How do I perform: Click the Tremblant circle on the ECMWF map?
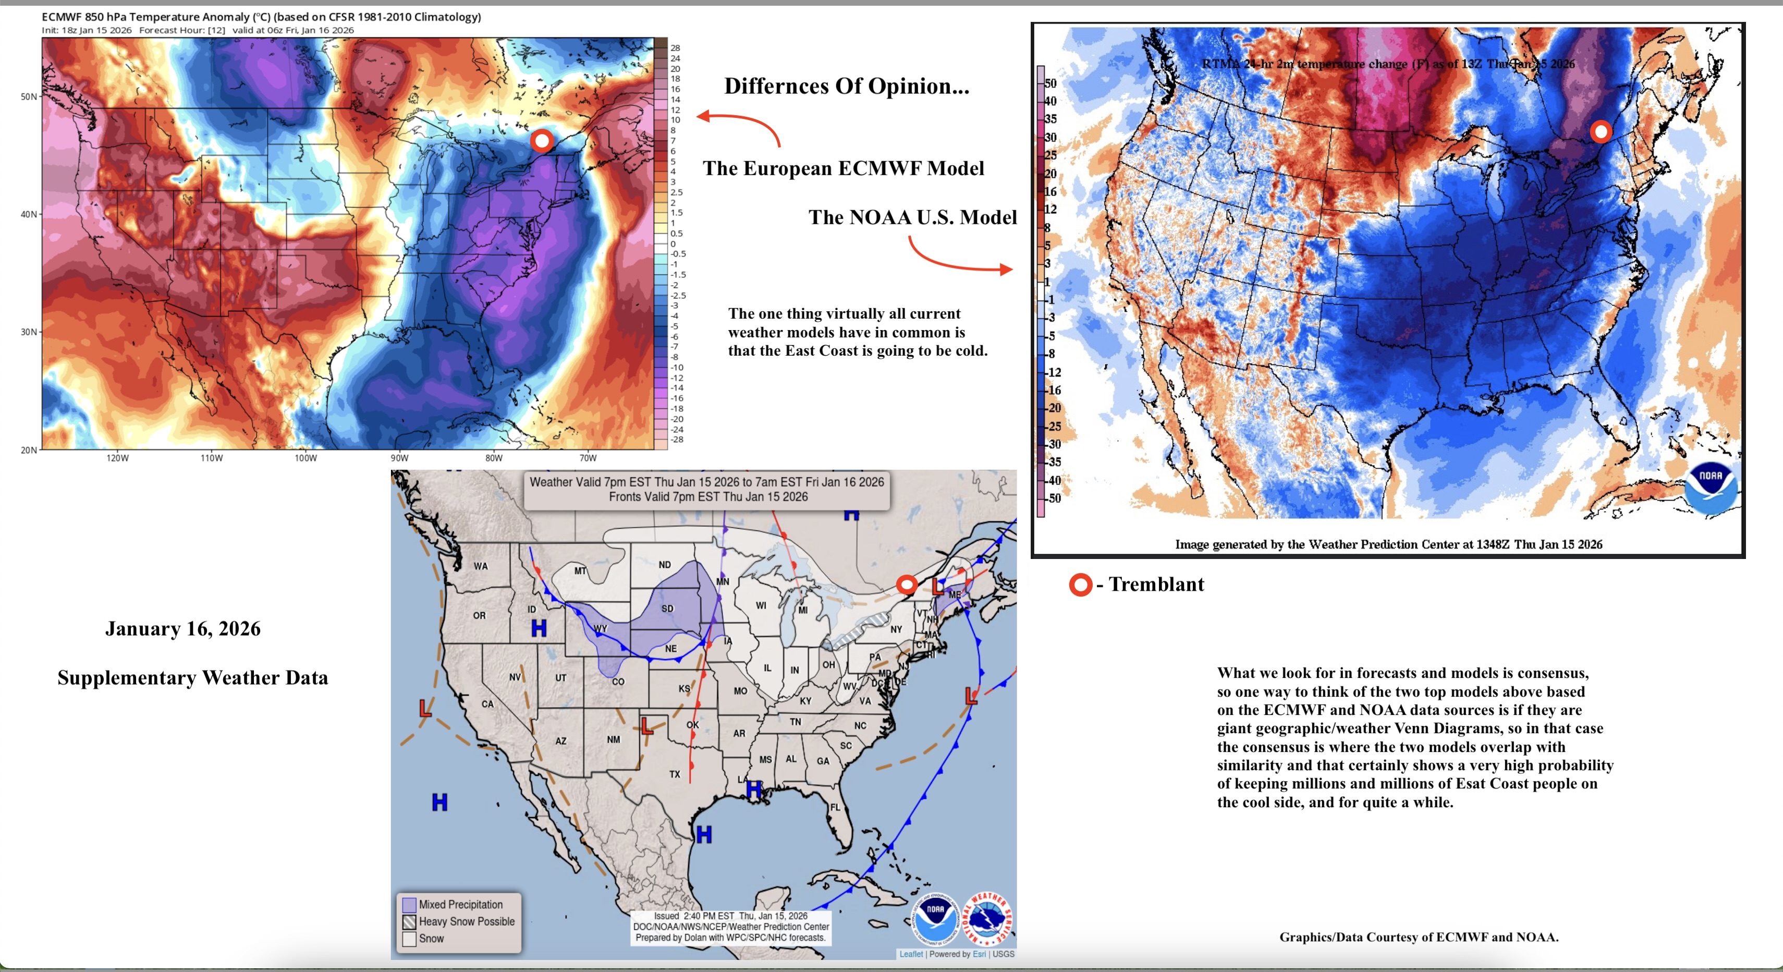pyautogui.click(x=542, y=141)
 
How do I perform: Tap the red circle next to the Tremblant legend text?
pyautogui.click(x=1080, y=585)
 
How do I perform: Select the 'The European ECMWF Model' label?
pyautogui.click(x=843, y=168)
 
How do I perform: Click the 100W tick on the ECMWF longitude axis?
pyautogui.click(x=305, y=458)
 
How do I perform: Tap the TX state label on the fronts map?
pyautogui.click(x=674, y=774)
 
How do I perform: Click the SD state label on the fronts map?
pyautogui.click(x=667, y=609)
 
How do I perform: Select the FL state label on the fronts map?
pyautogui.click(x=835, y=807)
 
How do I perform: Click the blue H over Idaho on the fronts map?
pyautogui.click(x=539, y=628)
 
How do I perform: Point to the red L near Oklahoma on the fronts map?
pyautogui.click(x=646, y=726)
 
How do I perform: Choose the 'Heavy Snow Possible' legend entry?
pyautogui.click(x=466, y=921)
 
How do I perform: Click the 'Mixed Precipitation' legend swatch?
pyautogui.click(x=409, y=904)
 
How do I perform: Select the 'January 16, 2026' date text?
pyautogui.click(x=182, y=628)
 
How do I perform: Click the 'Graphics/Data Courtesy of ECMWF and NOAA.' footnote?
pyautogui.click(x=1418, y=937)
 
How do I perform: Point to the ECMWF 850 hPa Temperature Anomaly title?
pyautogui.click(x=261, y=17)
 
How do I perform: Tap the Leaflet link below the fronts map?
pyautogui.click(x=910, y=954)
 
